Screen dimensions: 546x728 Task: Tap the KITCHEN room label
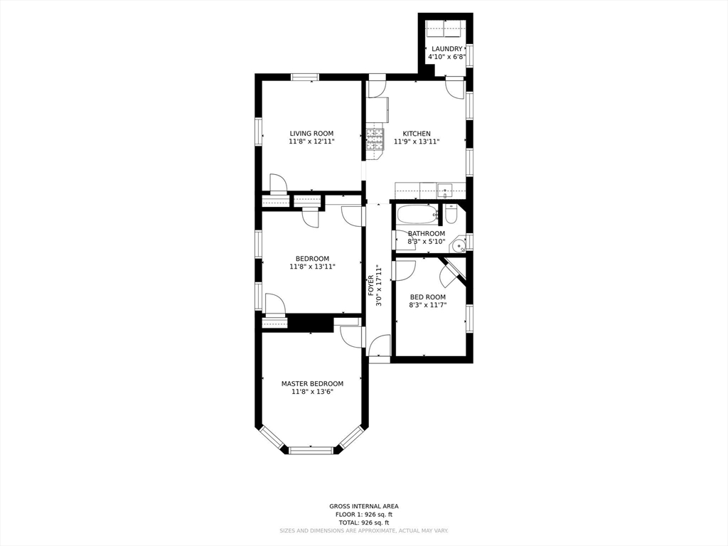(x=417, y=134)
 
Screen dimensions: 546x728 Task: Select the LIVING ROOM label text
(x=311, y=134)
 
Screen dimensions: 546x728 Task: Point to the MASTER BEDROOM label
(x=312, y=383)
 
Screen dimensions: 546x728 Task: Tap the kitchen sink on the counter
(x=444, y=190)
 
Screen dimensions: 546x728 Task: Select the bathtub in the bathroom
(x=417, y=214)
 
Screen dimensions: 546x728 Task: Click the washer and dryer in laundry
(x=446, y=29)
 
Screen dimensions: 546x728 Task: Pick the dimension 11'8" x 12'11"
(x=311, y=141)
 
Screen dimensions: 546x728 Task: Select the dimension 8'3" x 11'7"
(x=427, y=305)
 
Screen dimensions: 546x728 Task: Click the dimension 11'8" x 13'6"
(x=312, y=392)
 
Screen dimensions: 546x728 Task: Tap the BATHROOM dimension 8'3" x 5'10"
(x=427, y=242)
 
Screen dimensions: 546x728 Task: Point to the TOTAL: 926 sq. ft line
(x=364, y=521)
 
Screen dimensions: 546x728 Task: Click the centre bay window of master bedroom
(x=311, y=449)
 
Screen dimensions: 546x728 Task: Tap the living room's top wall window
(x=304, y=77)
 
